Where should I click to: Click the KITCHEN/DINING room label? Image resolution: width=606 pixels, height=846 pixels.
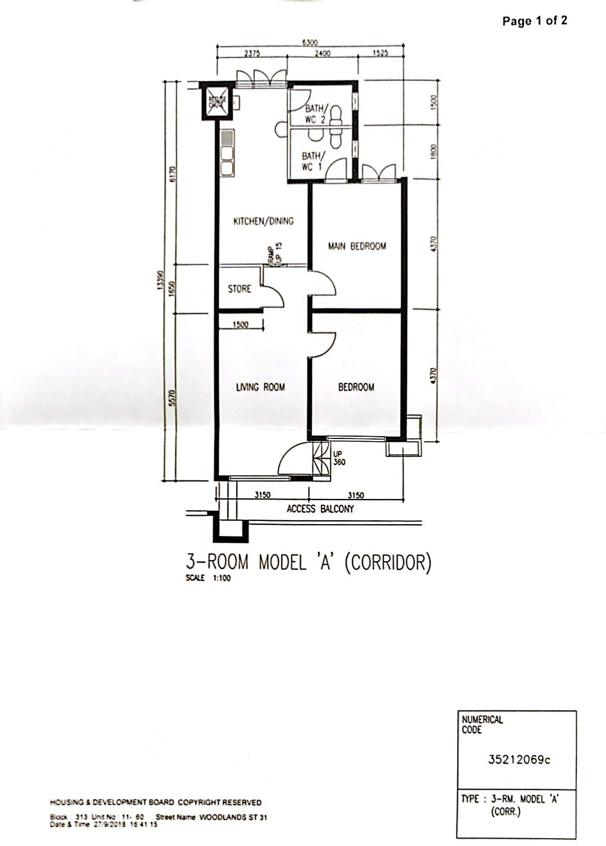click(263, 221)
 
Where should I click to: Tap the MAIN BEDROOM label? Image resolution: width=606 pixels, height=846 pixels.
click(357, 246)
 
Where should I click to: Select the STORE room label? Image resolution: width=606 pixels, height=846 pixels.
click(240, 289)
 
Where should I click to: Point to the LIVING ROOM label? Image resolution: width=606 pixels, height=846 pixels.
click(260, 387)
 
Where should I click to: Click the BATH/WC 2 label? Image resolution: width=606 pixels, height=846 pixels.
click(314, 113)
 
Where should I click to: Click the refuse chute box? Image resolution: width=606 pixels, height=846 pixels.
click(216, 102)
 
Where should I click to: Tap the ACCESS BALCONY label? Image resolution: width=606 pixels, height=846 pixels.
click(320, 509)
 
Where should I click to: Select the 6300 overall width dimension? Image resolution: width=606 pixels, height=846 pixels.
click(310, 42)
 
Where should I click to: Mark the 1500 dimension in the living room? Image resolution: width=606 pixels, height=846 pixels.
click(241, 325)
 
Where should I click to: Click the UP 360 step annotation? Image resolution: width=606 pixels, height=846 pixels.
click(339, 459)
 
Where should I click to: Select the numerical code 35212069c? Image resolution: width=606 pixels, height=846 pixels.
click(519, 760)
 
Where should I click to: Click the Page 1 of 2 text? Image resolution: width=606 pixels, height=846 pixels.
click(534, 21)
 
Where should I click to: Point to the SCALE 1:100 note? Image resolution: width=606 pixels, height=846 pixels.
click(208, 579)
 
